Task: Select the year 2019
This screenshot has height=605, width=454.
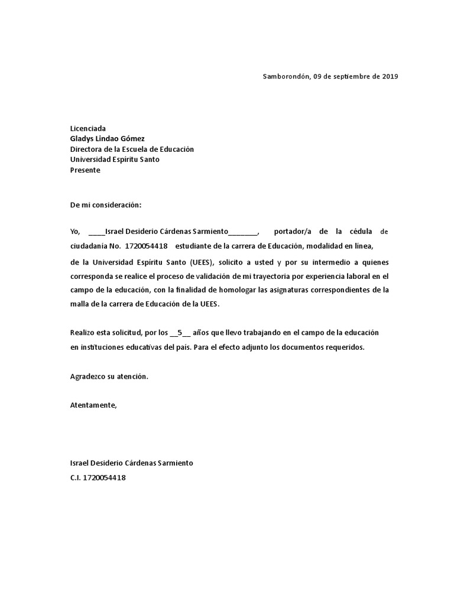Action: pos(390,77)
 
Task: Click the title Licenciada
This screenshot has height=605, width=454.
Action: pos(88,128)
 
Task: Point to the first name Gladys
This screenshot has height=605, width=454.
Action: pos(83,139)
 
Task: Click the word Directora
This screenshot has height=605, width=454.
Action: pos(86,149)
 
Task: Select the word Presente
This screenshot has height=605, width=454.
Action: pos(85,171)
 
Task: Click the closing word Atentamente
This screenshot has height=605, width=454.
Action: pos(93,405)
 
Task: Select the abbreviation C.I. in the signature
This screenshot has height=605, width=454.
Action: pos(78,477)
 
